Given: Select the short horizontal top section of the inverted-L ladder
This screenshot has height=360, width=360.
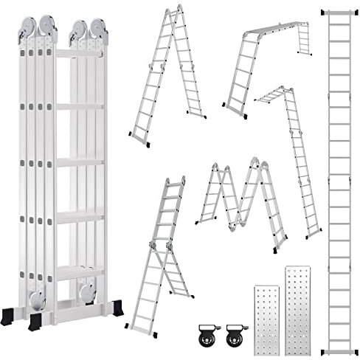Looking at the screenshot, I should pyautogui.click(x=268, y=94).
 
